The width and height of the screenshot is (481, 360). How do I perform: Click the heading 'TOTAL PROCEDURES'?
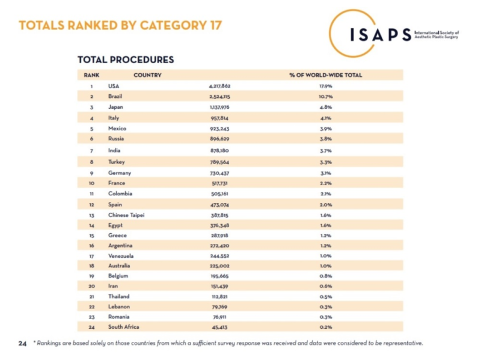click(x=126, y=59)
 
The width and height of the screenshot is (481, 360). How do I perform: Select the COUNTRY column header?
click(x=147, y=75)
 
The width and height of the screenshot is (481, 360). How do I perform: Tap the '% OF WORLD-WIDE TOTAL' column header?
click(x=326, y=75)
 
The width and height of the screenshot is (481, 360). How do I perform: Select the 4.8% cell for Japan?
click(x=326, y=107)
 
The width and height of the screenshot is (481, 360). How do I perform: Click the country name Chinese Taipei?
click(x=126, y=215)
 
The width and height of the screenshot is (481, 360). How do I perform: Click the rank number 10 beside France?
click(x=91, y=183)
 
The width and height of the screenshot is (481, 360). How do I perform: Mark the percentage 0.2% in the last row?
click(x=326, y=328)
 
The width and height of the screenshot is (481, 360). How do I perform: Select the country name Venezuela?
click(x=121, y=255)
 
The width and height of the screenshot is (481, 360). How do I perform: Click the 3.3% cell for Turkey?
click(x=326, y=161)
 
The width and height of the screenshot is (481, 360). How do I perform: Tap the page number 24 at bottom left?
click(x=22, y=344)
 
